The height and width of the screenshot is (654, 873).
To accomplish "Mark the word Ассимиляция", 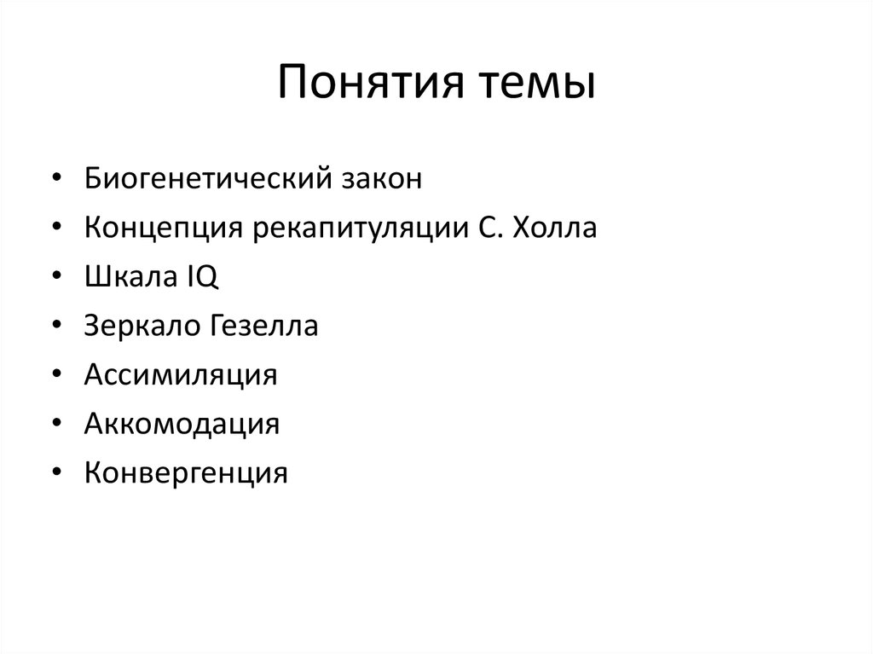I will click(x=181, y=374).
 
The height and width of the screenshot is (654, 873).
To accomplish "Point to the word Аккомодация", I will click(x=182, y=423).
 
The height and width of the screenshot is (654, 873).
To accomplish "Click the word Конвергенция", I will click(x=186, y=472).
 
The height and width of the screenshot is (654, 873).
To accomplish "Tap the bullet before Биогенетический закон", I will click(x=55, y=180).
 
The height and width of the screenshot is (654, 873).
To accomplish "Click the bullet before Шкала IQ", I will click(x=55, y=277).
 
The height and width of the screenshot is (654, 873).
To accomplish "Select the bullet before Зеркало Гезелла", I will click(x=55, y=326).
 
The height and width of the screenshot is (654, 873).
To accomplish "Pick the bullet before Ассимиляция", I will click(x=55, y=374).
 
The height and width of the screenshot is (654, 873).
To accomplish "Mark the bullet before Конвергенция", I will click(x=55, y=472).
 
